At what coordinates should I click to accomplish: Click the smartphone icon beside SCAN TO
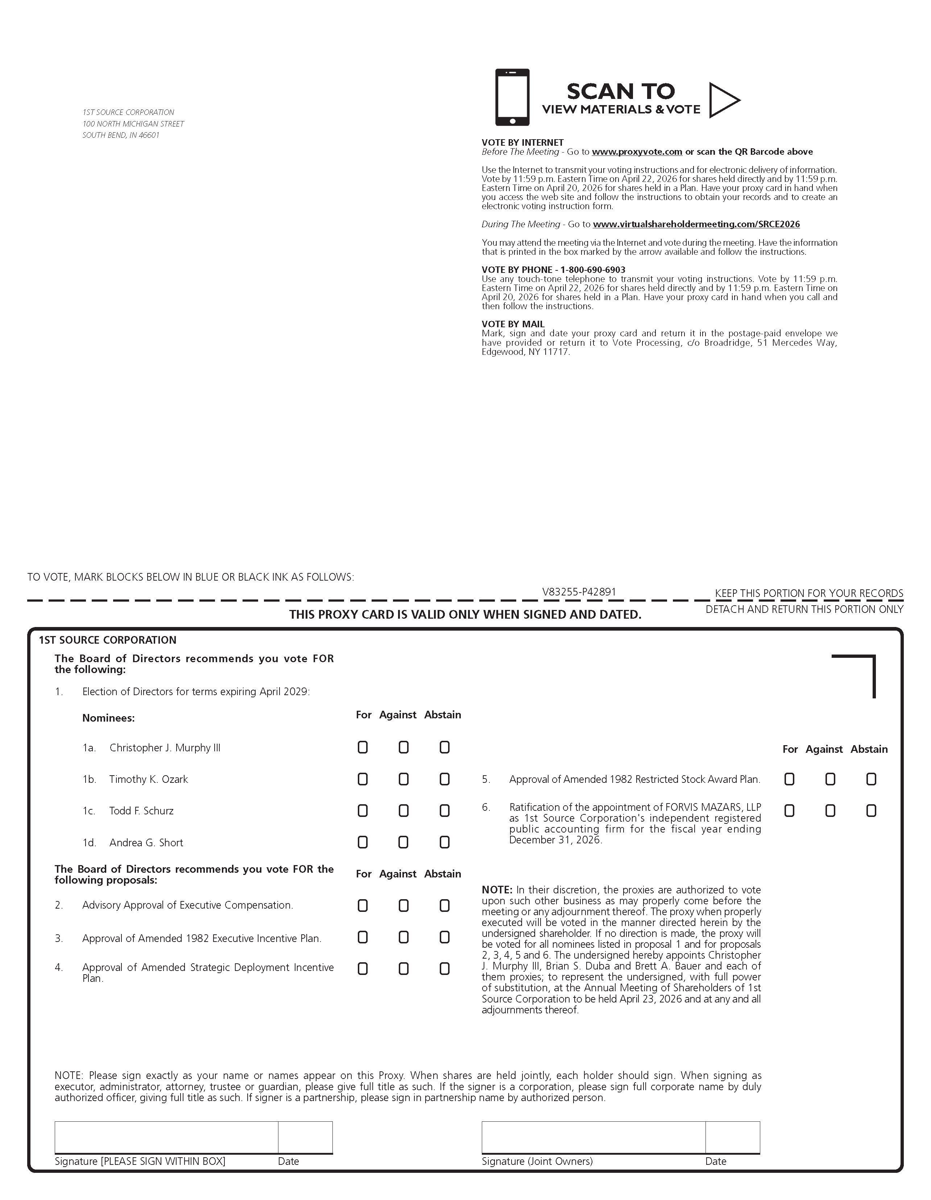tap(512, 97)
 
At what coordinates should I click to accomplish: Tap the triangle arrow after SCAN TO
tap(723, 100)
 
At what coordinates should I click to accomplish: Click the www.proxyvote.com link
tap(637, 151)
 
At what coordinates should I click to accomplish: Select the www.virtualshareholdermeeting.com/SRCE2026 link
tap(696, 224)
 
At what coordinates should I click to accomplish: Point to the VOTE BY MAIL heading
tap(513, 324)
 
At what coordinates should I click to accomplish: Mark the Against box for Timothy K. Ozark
tap(404, 779)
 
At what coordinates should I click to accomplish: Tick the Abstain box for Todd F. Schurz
tap(444, 810)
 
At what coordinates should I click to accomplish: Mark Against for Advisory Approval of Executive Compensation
tap(404, 905)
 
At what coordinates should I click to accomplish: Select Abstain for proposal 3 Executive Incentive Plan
tap(444, 937)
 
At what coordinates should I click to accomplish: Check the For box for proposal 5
tap(789, 779)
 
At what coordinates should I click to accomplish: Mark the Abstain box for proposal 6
tap(871, 810)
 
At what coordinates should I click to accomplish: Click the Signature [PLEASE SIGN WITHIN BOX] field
tap(166, 1137)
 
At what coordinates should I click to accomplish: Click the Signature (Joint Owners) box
tap(593, 1137)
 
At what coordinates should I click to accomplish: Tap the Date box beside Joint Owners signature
tap(733, 1137)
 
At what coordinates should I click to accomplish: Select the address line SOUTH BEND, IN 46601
tap(121, 135)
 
